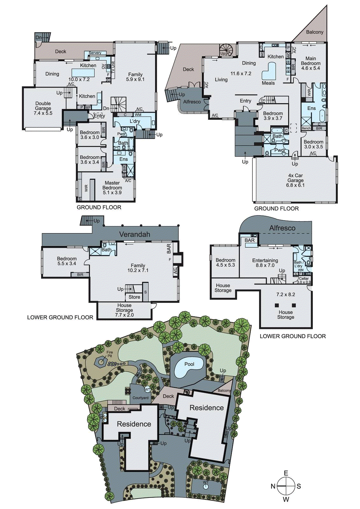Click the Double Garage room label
tap(43, 108)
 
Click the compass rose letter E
tap(286, 473)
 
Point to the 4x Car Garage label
tap(295, 180)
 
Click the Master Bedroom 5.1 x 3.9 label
tap(112, 188)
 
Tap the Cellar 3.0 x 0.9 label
tap(304, 280)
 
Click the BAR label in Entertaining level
tap(250, 240)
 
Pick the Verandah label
tap(134, 234)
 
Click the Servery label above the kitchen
tap(95, 53)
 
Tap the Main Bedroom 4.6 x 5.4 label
tap(311, 63)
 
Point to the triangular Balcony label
tap(314, 32)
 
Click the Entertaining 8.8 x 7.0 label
tap(265, 262)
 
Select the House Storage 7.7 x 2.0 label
tap(124, 310)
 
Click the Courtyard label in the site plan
tap(140, 398)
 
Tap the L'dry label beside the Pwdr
tap(135, 121)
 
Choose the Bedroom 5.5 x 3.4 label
tap(67, 261)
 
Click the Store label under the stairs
tap(134, 297)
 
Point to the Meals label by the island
tap(268, 83)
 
